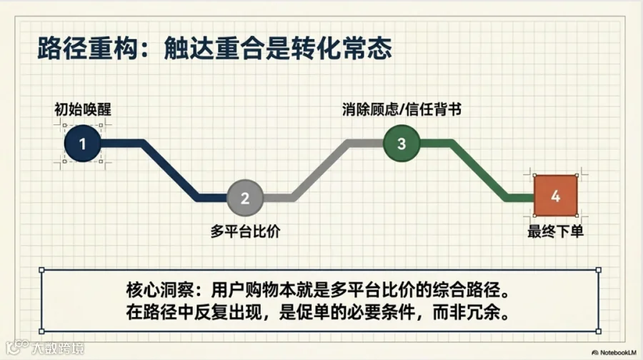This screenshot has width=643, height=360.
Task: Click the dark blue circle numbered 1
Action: tap(82, 144)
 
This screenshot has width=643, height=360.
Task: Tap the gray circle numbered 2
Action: tap(245, 198)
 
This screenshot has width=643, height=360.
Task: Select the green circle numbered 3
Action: tap(402, 144)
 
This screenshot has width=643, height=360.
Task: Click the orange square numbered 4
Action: tap(556, 196)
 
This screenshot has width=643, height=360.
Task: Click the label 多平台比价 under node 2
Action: tap(244, 231)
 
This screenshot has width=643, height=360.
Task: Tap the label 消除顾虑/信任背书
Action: tap(401, 109)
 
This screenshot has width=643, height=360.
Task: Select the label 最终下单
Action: tap(556, 231)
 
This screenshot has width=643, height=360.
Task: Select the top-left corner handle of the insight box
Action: tap(42, 270)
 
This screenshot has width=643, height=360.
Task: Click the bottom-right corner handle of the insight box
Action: tap(599, 334)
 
